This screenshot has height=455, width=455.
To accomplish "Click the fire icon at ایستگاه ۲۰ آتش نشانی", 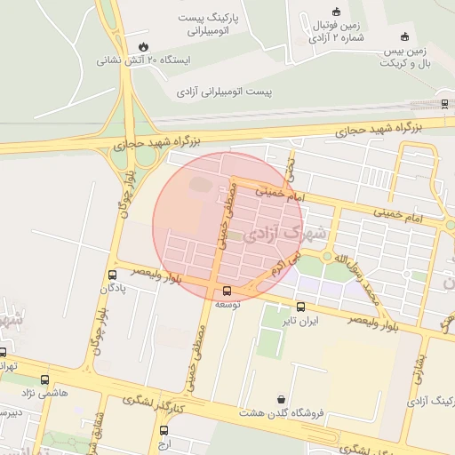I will click(143, 45).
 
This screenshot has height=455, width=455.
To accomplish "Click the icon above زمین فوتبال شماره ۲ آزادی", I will click(335, 12).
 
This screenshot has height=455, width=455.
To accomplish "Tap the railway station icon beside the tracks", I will click(444, 103).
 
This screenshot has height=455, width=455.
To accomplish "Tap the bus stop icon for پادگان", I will click(112, 275).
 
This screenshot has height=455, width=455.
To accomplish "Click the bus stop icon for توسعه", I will click(227, 291).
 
